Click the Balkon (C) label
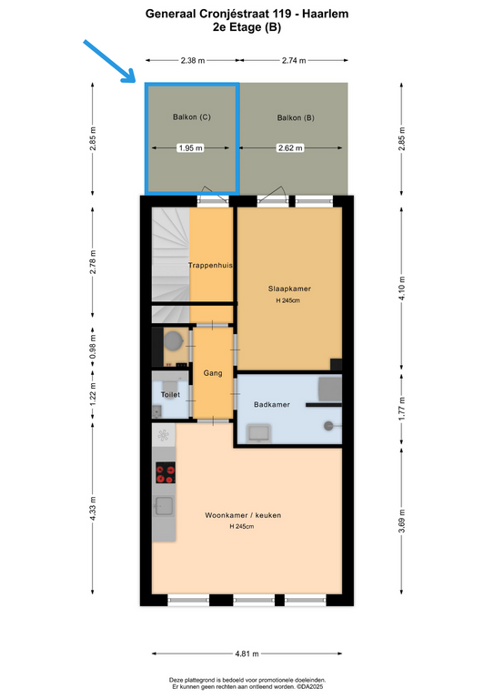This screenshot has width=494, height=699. (192, 117)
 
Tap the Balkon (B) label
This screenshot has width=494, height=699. (296, 117)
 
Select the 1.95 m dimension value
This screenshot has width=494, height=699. (190, 148)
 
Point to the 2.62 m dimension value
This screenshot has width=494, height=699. (290, 148)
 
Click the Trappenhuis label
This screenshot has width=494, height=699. (210, 265)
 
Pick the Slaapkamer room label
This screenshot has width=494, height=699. (289, 289)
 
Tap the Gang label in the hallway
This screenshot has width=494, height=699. (213, 373)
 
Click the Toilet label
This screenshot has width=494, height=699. (170, 394)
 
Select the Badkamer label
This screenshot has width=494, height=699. (272, 404)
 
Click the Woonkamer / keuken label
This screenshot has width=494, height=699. (243, 515)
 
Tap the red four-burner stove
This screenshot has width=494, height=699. (166, 472)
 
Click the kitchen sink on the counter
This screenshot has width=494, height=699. (164, 506)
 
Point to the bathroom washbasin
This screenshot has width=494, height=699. (258, 433)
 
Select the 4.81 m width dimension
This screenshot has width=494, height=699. (247, 654)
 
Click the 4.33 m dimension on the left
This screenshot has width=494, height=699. (93, 508)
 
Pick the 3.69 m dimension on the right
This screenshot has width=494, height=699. (401, 521)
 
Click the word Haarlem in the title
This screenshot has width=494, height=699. (325, 14)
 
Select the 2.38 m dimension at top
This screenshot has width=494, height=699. (193, 60)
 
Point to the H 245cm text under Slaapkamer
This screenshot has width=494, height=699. (287, 300)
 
